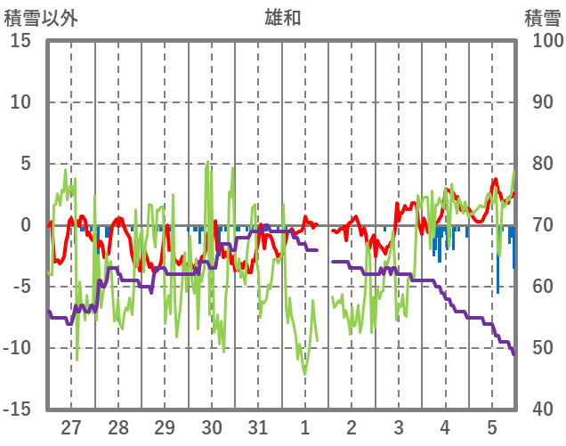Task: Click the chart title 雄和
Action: pyautogui.click(x=282, y=17)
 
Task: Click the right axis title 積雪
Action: pyautogui.click(x=541, y=17)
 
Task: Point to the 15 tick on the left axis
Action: pyautogui.click(x=20, y=41)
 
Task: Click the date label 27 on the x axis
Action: pyautogui.click(x=71, y=427)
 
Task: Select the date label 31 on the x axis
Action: pyautogui.click(x=258, y=427)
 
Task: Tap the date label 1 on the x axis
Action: pyautogui.click(x=305, y=427)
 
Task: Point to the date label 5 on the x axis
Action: pyautogui.click(x=492, y=427)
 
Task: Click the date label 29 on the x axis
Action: pyautogui.click(x=165, y=427)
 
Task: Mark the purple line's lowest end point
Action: pyautogui.click(x=513, y=354)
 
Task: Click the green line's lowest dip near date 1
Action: pyautogui.click(x=304, y=374)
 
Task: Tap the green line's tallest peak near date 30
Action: pyautogui.click(x=208, y=163)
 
